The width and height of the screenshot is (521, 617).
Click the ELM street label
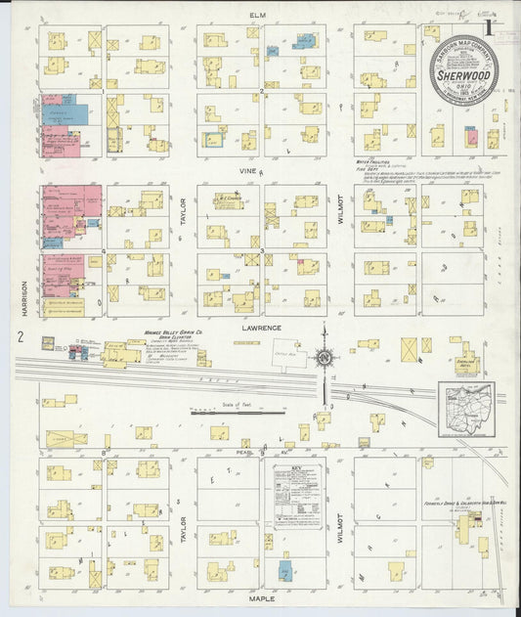click(258, 16)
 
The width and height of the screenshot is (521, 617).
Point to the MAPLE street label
click(262, 596)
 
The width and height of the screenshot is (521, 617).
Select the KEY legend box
click(297, 497)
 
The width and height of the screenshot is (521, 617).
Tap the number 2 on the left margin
click(21, 336)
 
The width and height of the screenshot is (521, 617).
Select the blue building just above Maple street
click(284, 572)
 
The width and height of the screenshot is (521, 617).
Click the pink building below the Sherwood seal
click(473, 138)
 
